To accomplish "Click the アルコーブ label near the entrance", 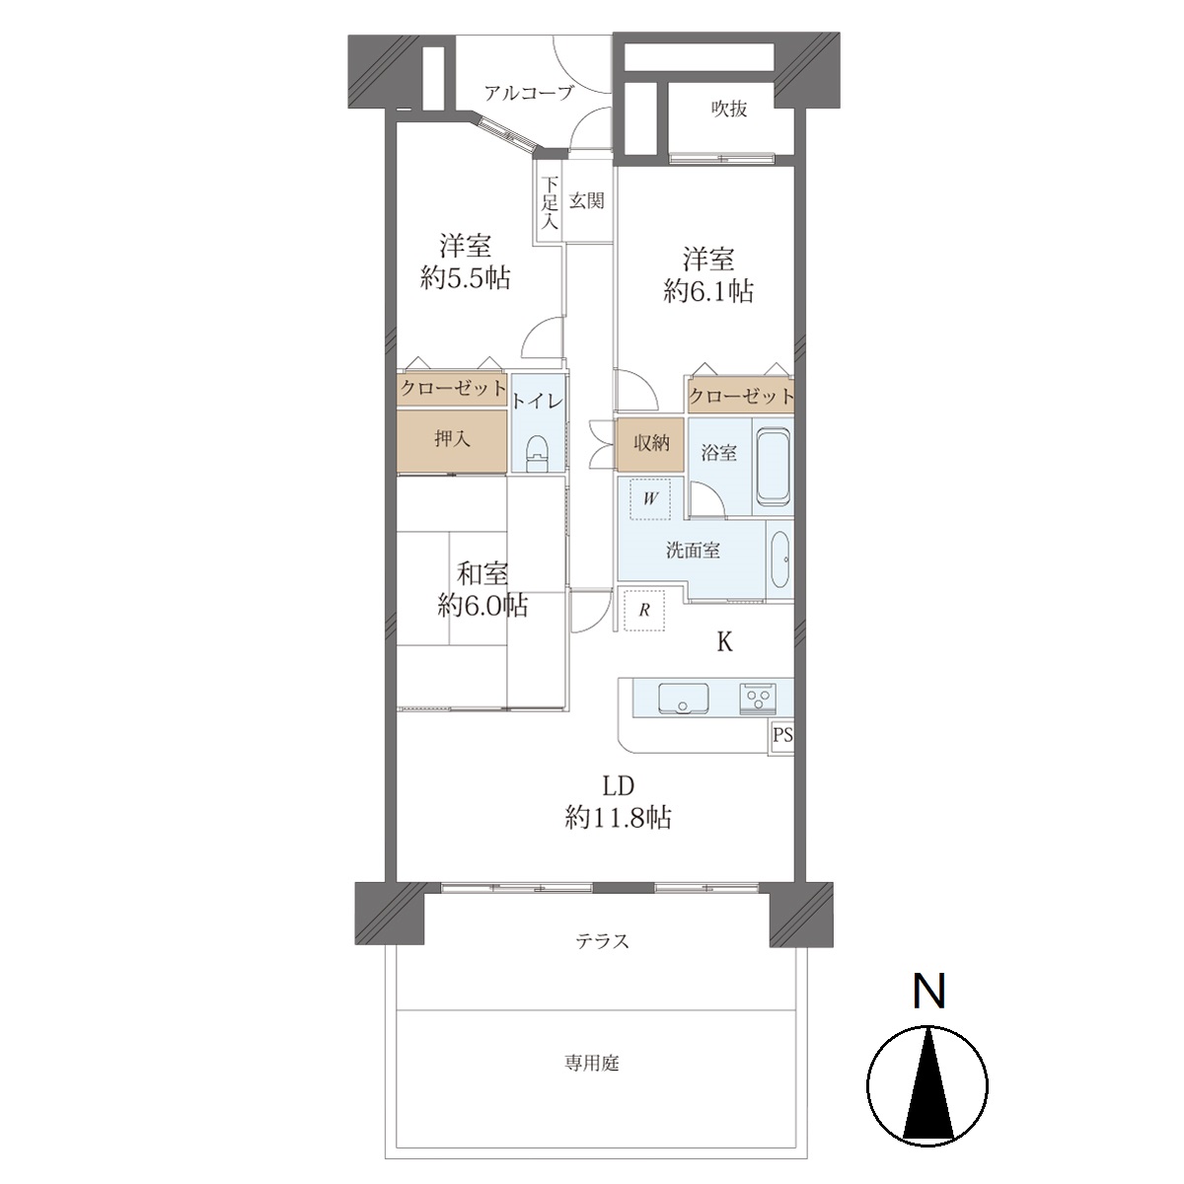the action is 529,94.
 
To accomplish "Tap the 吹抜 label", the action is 729,109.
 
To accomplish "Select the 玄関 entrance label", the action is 586,201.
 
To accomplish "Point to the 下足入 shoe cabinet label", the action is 550,202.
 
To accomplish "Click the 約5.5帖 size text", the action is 465,278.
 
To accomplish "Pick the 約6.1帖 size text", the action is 708,291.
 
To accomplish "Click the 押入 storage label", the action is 452,439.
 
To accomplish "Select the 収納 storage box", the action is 650,445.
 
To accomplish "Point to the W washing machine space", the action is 649,498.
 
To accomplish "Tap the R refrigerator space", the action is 644,610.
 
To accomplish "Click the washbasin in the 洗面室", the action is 779,559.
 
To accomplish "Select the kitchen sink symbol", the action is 683,698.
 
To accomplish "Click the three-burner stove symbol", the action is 758,699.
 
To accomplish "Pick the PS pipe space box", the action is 782,735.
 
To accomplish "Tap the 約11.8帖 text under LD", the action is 618,818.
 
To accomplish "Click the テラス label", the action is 602,941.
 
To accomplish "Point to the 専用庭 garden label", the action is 592,1063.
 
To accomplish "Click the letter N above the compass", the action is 929,991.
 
